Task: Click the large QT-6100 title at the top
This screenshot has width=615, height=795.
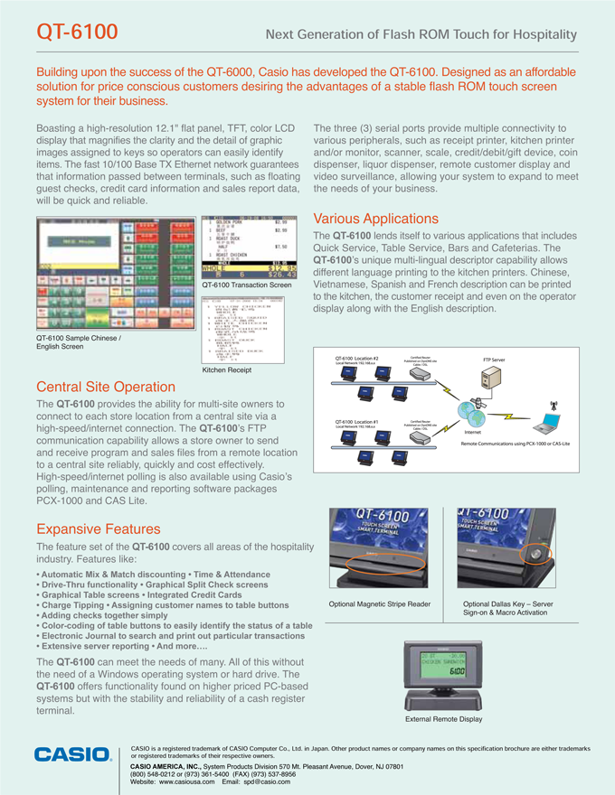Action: (x=77, y=33)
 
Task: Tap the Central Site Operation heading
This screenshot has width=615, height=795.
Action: (x=105, y=388)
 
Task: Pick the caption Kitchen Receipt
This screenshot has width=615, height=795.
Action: (x=228, y=369)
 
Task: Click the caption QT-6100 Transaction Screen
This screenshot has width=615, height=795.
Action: (x=247, y=285)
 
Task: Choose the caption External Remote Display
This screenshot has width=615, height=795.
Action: (x=443, y=719)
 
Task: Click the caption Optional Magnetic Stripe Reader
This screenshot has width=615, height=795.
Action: (x=380, y=604)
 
